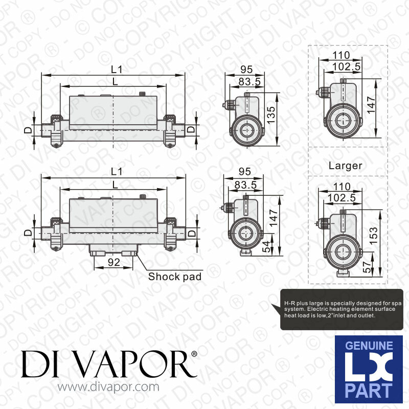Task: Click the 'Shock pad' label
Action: coord(174,277)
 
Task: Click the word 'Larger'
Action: coord(345,166)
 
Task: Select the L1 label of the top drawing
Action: coord(117,69)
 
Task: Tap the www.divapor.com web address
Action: coord(108,388)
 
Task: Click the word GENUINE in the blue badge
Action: coord(369,347)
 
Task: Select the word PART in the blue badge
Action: coord(369,391)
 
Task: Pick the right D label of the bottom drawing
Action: coord(191,233)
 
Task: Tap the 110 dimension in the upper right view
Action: coord(341,55)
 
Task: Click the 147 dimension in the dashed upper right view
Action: coord(372,105)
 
